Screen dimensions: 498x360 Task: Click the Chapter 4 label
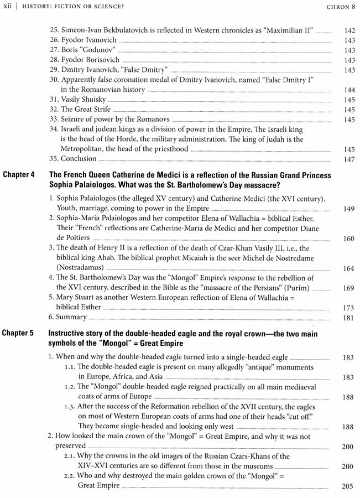point(19,175)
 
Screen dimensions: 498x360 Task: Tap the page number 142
point(348,31)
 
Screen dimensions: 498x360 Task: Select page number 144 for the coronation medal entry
point(348,90)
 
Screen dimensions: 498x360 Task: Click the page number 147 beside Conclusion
point(348,159)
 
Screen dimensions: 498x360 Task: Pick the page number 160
point(348,239)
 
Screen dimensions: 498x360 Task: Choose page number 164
point(348,268)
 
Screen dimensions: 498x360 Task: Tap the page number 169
point(348,288)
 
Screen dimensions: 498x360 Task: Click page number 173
point(348,308)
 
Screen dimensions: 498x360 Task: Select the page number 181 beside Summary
point(348,318)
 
